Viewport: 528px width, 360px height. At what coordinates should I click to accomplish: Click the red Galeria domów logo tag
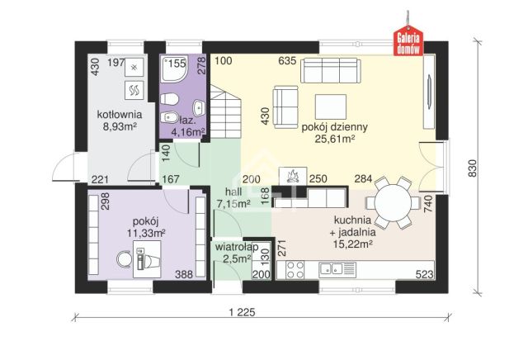(408, 40)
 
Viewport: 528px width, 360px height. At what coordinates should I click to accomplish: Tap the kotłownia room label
(120, 115)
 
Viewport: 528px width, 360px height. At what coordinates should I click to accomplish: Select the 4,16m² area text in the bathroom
(188, 132)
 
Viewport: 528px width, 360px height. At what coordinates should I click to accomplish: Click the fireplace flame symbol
(292, 176)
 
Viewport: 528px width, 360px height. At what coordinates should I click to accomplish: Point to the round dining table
(393, 203)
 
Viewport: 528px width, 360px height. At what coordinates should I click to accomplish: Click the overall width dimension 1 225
(242, 312)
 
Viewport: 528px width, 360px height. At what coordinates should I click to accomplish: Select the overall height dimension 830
(473, 168)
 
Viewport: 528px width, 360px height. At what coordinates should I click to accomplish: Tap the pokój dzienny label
(334, 127)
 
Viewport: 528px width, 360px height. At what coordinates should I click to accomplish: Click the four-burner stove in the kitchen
(295, 270)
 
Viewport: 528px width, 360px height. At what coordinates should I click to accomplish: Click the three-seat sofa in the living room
(331, 70)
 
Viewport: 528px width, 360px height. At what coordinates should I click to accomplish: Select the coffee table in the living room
(331, 107)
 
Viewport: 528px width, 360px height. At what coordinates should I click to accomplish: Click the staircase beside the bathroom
(226, 111)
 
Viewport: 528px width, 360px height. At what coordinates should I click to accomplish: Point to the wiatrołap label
(237, 247)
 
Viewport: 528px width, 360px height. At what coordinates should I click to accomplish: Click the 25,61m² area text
(335, 139)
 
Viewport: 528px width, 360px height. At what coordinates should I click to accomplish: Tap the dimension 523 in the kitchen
(424, 274)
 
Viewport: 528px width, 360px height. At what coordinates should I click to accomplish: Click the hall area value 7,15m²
(233, 204)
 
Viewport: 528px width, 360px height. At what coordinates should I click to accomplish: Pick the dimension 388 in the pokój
(184, 274)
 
